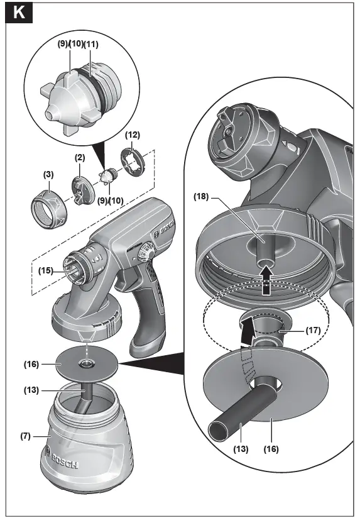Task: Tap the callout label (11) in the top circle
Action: [91, 45]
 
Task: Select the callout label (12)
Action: [132, 135]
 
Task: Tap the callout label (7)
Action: [25, 435]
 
